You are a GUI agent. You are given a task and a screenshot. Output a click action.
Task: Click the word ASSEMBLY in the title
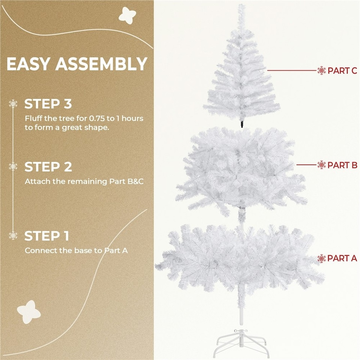[101, 64]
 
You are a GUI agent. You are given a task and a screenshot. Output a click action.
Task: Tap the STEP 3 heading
[48, 104]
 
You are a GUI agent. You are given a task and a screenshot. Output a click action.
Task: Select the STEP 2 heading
[48, 166]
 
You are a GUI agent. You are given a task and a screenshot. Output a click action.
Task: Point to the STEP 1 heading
[47, 236]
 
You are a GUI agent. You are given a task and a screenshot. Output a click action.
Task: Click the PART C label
[342, 70]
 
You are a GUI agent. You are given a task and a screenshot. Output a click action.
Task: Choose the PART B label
[342, 165]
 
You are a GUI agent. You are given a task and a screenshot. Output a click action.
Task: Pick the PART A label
[342, 258]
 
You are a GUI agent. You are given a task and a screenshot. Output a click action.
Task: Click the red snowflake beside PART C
[321, 70]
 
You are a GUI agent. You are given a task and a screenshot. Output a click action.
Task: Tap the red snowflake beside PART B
[321, 165]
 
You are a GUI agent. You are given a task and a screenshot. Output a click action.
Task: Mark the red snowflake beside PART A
[321, 258]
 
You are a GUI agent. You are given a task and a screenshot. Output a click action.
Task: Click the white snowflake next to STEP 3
[13, 104]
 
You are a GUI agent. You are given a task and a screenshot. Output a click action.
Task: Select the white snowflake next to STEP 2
[13, 166]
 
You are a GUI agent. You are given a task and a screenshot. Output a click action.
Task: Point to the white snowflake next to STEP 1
[13, 236]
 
